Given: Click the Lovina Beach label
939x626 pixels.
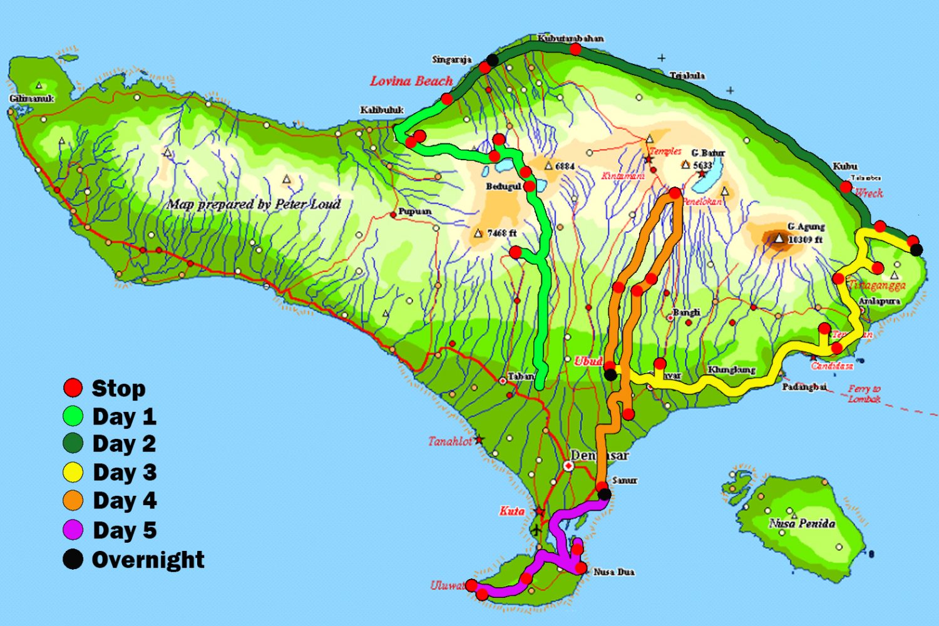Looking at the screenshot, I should point(411,81).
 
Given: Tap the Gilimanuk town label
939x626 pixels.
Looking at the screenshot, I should point(31,99).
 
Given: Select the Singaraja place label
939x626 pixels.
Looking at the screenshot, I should point(451,59).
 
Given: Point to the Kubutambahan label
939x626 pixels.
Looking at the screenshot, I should point(570,38).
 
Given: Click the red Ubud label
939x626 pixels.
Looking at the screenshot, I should point(588,361).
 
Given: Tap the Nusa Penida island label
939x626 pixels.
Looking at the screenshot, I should point(802,523).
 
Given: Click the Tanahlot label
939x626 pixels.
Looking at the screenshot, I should point(450,441).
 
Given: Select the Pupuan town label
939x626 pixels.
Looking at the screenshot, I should point(414,212).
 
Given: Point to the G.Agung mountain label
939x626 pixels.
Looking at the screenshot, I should point(806,227).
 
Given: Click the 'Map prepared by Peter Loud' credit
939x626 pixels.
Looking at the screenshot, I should point(254,204).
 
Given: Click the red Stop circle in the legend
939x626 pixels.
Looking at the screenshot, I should point(73,387).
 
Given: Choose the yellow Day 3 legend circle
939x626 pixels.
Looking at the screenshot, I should point(73,472).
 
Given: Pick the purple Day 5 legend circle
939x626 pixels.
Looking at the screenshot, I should point(73,530).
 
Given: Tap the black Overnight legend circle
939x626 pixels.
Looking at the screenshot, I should point(73,559).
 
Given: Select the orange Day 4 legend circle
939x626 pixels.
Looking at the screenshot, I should point(73,500).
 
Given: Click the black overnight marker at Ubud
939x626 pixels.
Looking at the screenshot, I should point(610,375).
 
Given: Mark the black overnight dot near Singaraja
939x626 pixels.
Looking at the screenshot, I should point(493,60).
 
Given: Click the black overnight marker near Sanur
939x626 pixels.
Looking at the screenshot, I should point(605,495).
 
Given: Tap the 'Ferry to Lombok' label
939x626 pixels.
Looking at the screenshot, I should point(864,394).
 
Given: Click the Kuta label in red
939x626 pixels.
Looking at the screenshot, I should point(511,511).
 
